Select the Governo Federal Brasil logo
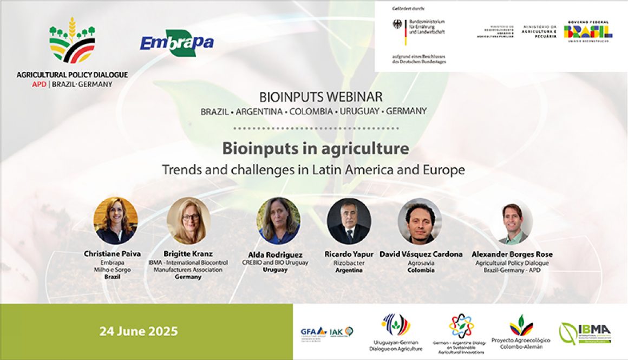coord(588,32)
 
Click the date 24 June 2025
coord(139,331)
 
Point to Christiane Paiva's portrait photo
coord(116,220)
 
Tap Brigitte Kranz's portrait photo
coord(189,220)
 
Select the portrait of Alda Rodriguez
coord(278,220)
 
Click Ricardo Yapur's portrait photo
coord(349,220)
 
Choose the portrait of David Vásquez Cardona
coord(420,220)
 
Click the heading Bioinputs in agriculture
coord(316,148)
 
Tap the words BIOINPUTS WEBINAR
coord(321,97)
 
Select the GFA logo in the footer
coord(313,331)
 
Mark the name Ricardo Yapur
coord(349,254)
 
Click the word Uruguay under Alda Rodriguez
coord(275,270)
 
